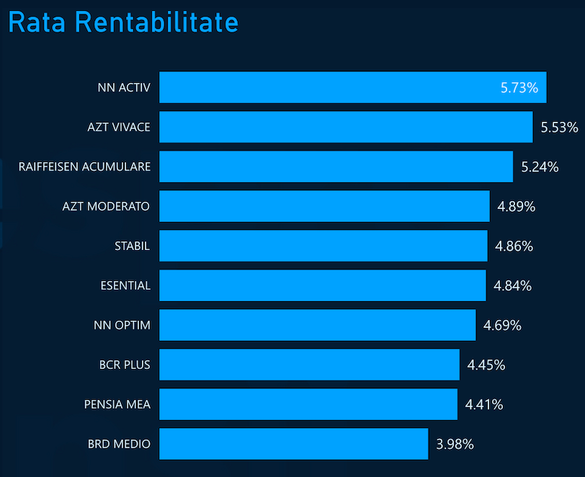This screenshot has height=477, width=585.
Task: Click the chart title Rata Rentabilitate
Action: tap(123, 22)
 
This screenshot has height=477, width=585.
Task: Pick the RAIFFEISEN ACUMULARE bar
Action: tap(336, 166)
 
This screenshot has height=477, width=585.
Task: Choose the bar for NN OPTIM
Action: tap(317, 325)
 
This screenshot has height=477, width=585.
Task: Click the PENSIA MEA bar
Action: tap(308, 404)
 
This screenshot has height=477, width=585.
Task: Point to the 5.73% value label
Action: tap(519, 88)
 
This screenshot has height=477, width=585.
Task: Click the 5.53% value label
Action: tap(559, 128)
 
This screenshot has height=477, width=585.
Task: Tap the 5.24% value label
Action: tap(540, 167)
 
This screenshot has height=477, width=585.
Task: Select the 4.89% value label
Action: tap(516, 207)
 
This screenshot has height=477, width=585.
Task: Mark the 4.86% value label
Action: tap(514, 246)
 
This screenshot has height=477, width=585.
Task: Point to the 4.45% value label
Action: tap(486, 365)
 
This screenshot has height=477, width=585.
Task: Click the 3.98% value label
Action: tap(455, 445)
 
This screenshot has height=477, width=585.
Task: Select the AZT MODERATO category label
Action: tap(106, 206)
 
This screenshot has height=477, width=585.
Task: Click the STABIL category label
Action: tap(132, 246)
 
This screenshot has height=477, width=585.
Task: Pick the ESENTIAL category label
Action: tap(125, 285)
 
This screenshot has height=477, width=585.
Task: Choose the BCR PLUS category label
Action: tap(125, 365)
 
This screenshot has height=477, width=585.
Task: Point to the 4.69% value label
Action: tap(502, 326)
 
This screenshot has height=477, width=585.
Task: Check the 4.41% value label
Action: tap(484, 405)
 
